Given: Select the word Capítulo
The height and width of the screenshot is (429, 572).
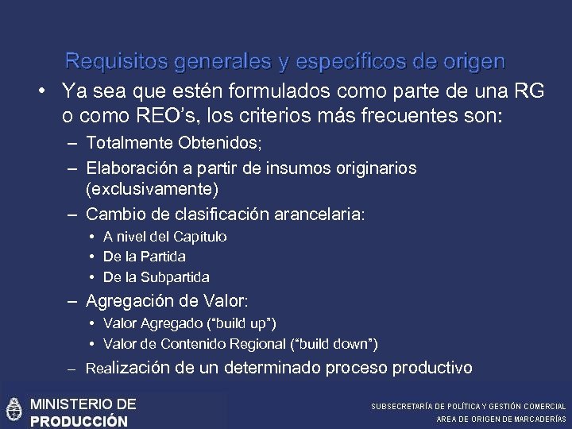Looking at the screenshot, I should point(200,237).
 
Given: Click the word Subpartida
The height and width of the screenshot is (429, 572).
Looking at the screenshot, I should point(175,277).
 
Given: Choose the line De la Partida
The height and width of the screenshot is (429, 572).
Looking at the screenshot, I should point(144,257).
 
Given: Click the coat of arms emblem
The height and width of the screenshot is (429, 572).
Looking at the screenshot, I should point(14,410).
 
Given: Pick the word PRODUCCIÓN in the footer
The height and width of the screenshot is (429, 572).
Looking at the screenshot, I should point(79,421).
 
